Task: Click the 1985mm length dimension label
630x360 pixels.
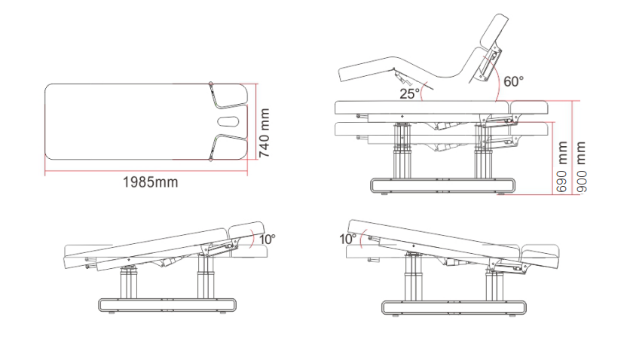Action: coord(150,182)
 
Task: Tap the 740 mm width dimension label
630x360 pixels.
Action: coord(264,133)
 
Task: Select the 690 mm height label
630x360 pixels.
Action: coord(561,166)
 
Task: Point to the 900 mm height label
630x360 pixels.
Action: coord(581,166)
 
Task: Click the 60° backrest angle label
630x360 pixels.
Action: coord(513,81)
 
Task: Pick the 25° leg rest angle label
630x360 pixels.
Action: coord(409,93)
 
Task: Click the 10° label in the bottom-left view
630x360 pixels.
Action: coord(268,239)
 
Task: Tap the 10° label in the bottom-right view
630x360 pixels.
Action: coord(347,239)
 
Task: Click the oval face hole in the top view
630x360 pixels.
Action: coord(228,121)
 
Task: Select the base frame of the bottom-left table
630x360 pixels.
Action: coord(167,305)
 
